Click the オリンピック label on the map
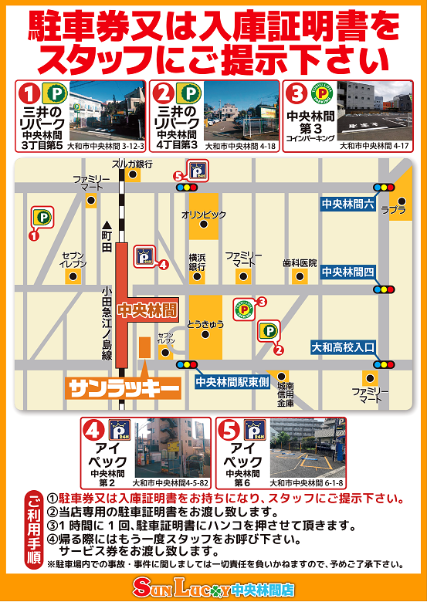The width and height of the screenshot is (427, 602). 204,213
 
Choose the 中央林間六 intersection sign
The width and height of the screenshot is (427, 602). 347,204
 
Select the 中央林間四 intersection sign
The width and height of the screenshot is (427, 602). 347,272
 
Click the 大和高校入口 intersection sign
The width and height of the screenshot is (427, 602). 342,348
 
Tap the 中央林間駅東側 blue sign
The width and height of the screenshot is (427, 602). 231,381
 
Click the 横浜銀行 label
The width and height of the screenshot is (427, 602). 198,262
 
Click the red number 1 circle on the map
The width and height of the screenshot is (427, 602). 33,236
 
